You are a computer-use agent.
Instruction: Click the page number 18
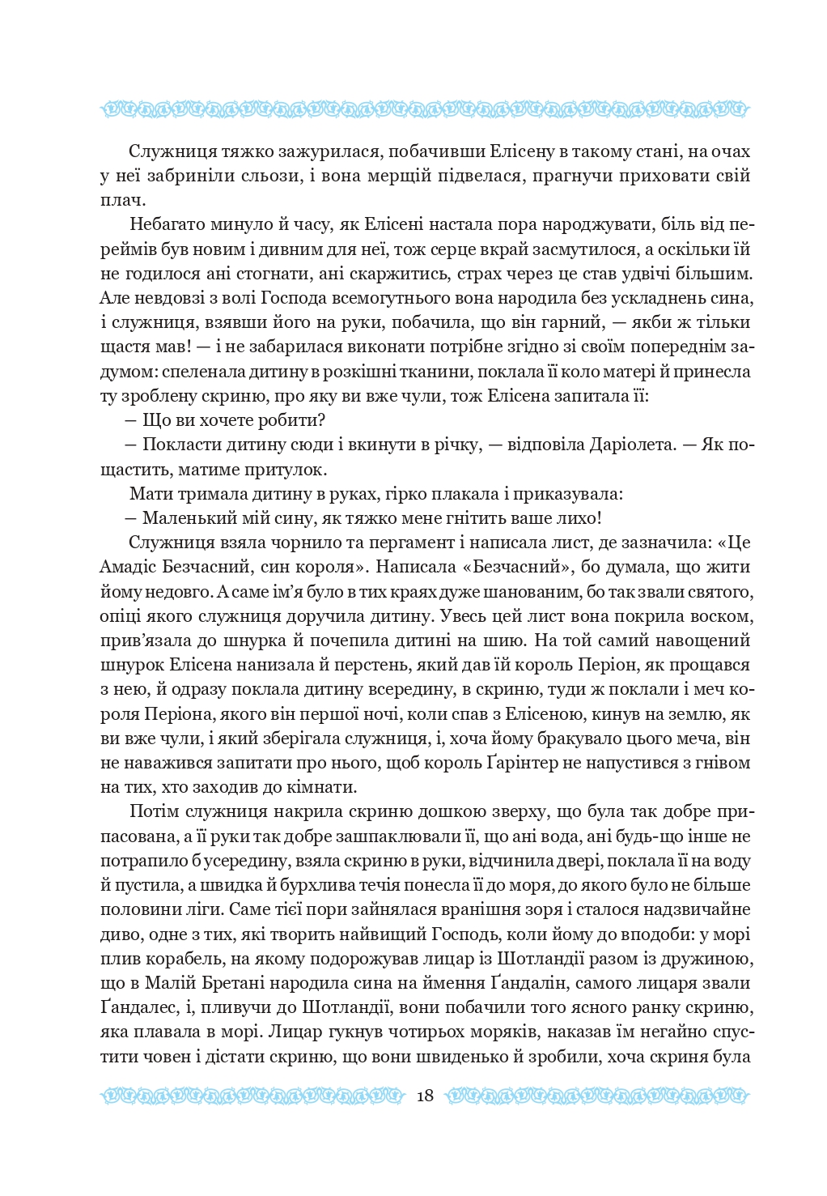tap(425, 1096)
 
